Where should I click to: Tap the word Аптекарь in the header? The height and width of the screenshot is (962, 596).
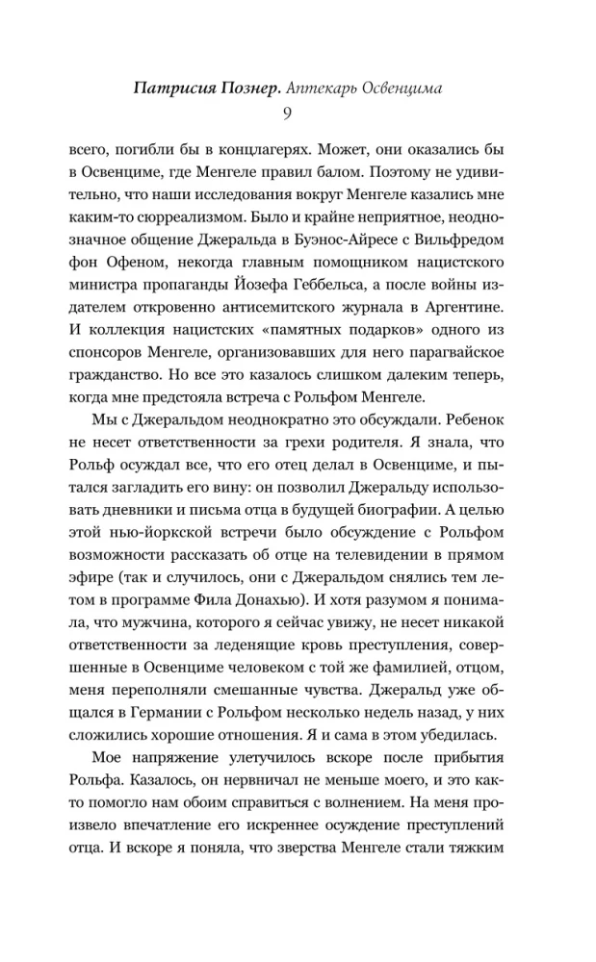[x=331, y=88]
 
